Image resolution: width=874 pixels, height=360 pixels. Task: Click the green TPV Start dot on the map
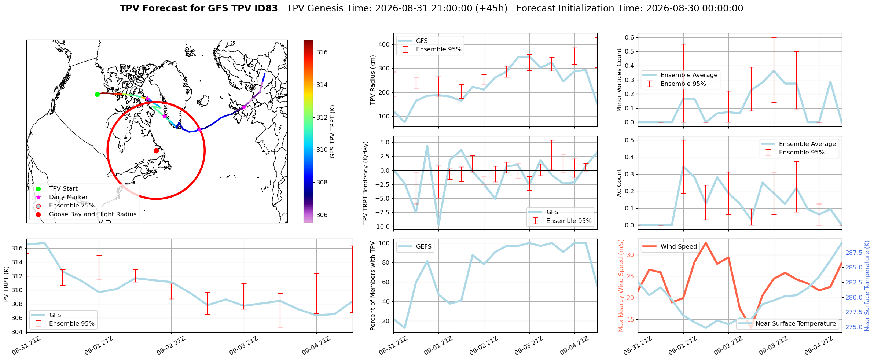(x=97, y=94)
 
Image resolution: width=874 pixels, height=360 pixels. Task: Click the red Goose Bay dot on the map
(x=156, y=151)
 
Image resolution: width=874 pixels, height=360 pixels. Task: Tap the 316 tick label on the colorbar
(x=322, y=52)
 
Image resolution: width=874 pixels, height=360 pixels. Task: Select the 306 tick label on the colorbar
(x=322, y=215)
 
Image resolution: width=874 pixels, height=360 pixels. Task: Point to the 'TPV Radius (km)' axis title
(x=373, y=80)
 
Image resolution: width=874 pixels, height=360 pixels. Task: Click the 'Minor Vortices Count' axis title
(x=619, y=80)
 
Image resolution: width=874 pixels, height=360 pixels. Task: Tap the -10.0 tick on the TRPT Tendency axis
(x=381, y=227)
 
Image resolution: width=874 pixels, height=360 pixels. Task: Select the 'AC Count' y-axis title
(x=619, y=183)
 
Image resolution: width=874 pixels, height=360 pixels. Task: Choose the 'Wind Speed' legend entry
(x=670, y=246)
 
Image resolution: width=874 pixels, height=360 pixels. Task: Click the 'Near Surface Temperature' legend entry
(x=787, y=323)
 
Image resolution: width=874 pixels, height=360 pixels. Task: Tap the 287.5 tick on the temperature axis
(x=853, y=253)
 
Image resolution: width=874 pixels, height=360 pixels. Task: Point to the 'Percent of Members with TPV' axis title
(x=373, y=286)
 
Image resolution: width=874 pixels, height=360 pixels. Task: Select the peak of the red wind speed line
(x=706, y=243)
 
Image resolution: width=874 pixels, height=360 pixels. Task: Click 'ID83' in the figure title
(x=265, y=8)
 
